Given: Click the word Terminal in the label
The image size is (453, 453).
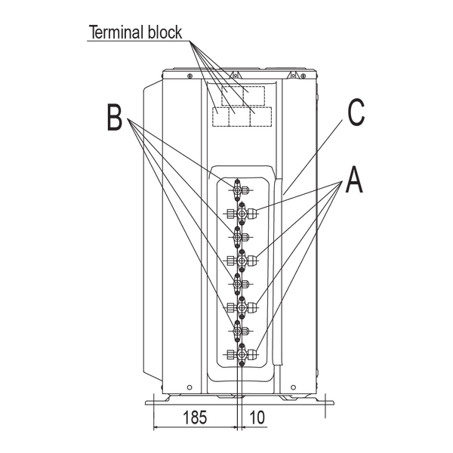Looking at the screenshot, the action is tap(118, 32).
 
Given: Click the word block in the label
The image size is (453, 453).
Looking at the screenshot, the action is tap(165, 32).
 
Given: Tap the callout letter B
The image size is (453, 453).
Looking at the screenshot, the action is tap(115, 118).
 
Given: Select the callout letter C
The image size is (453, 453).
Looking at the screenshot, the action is tap(356, 112).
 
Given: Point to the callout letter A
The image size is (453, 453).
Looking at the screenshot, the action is tap(354, 180).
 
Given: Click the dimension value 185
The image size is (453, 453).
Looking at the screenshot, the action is tap(195, 418).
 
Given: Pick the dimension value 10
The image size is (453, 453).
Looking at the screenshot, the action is tap(257, 418).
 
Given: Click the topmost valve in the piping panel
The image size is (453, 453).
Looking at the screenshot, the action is tap(240, 190).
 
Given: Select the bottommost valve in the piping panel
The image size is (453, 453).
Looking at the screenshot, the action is tap(242, 354).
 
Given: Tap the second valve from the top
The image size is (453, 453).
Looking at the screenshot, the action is tap(242, 214).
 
